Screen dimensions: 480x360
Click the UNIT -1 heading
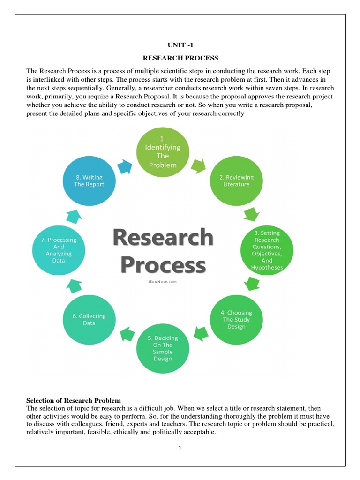180,45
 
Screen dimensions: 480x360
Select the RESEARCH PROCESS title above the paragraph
180,58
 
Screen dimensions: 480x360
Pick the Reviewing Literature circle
236,180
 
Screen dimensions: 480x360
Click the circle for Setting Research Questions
267,249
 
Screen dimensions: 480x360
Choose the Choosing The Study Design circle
236,319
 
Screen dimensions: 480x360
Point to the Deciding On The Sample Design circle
163,348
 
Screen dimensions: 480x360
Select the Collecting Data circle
89,319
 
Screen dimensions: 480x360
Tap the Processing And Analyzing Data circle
59,249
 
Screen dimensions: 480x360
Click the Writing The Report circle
89,181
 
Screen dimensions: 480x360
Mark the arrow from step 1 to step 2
199,165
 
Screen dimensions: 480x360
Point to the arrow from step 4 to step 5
201,334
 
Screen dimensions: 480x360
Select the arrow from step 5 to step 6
126,334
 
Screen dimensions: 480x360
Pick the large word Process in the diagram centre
163,265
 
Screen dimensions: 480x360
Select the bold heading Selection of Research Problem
74,401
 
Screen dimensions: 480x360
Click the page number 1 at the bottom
180,448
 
